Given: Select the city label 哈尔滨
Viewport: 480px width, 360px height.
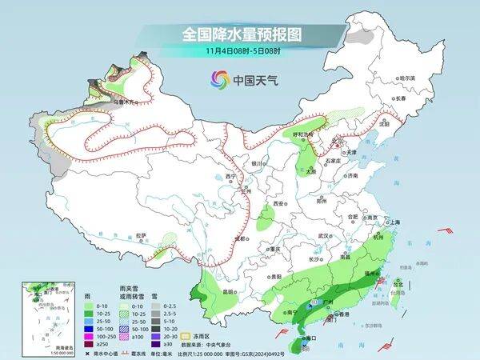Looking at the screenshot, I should tap(409, 78).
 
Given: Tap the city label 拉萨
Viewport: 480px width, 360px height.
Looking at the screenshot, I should tap(142, 234).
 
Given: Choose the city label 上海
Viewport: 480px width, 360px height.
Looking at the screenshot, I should tap(394, 222).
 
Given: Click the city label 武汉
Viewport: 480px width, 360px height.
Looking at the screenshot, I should tap(324, 236).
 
